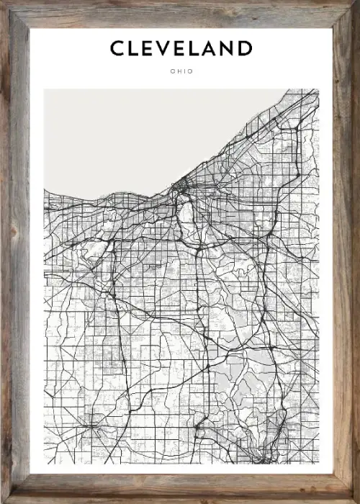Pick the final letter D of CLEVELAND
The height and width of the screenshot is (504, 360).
pos(246,48)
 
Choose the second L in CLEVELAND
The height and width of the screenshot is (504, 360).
pos(197,48)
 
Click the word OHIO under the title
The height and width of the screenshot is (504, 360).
pos(181,71)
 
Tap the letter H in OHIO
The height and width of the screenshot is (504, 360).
pos(178,71)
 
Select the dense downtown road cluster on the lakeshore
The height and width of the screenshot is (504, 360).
pos(180,189)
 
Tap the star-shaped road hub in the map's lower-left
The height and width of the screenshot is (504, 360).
pos(91,426)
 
